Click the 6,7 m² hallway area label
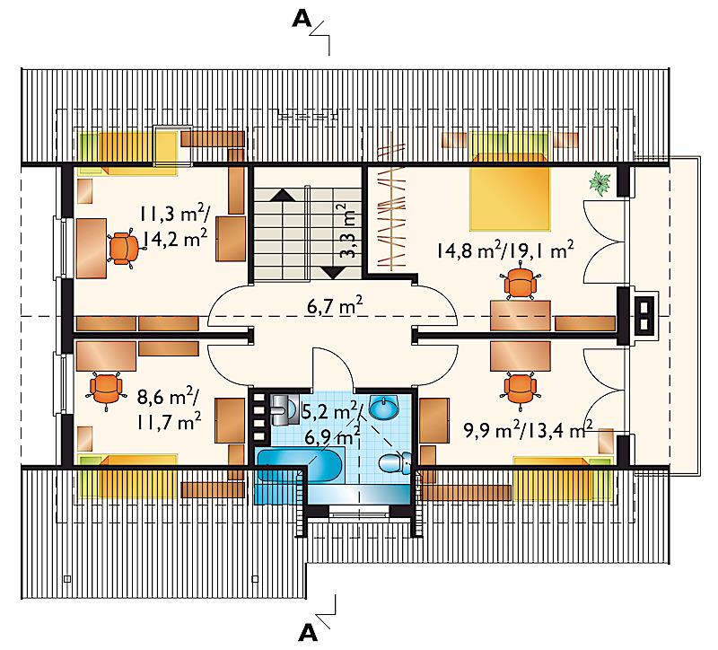coord(335,305)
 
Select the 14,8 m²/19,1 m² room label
coord(505,250)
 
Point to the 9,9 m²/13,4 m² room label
coord(529,429)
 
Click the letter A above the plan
coord(302,19)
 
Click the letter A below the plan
coord(307,633)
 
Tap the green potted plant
coord(600,183)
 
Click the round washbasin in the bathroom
coord(384,408)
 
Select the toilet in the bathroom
coord(395,462)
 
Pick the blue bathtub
coord(300,465)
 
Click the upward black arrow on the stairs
coord(284,195)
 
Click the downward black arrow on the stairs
coord(333,273)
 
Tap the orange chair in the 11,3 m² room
coord(123,248)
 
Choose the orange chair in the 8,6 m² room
coord(106,389)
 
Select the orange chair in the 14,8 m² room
coord(520,281)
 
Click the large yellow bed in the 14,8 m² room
coord(509,198)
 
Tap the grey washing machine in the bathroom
coord(284,408)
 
